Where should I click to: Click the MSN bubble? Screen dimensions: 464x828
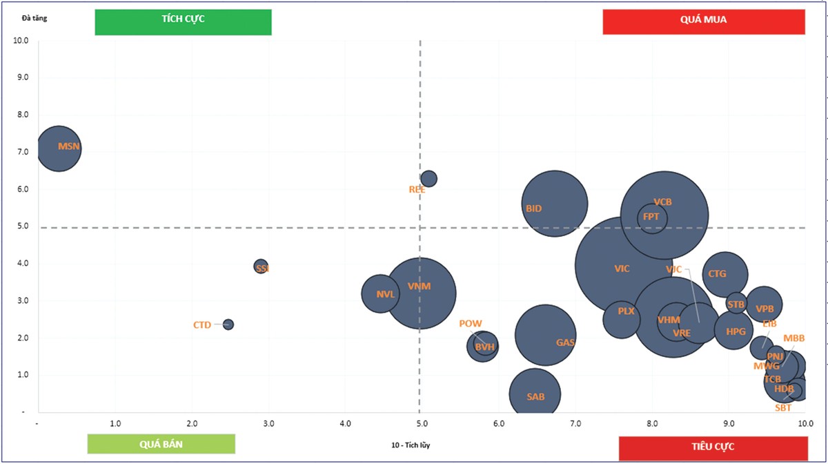coord(59,147)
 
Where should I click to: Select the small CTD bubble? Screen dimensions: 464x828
coord(228,325)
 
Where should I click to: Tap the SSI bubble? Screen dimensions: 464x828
coord(261,267)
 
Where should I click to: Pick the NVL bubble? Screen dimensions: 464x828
coord(380,293)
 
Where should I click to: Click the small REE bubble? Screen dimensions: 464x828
coord(428,179)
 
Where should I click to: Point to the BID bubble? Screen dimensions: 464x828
coord(554,204)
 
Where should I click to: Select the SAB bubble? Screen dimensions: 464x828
coord(535,394)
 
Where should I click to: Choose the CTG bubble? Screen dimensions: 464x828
coord(725,275)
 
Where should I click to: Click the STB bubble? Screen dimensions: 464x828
coord(736,303)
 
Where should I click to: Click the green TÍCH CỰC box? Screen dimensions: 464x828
coord(183,21)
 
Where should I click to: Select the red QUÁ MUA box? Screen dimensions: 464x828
coord(704,21)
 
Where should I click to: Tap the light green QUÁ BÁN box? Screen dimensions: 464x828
coord(161,444)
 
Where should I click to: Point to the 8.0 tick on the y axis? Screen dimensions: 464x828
coord(22,115)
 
